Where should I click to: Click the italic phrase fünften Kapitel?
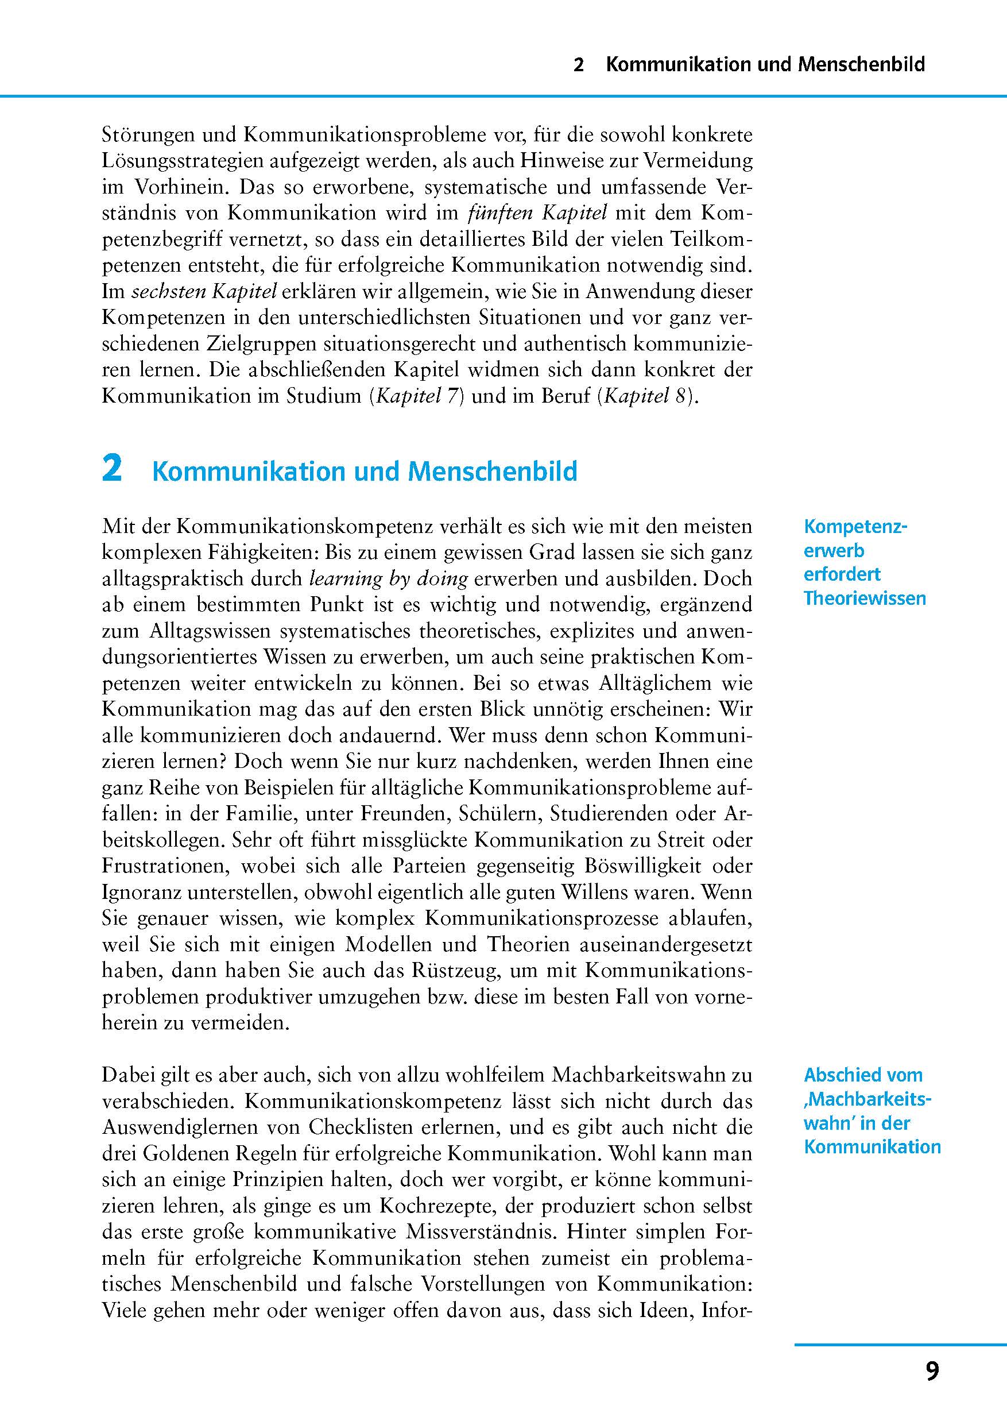pyautogui.click(x=536, y=213)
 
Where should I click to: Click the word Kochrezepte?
pyautogui.click(x=437, y=1207)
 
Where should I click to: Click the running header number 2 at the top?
pyautogui.click(x=578, y=64)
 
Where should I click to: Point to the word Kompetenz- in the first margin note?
pyautogui.click(x=855, y=526)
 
